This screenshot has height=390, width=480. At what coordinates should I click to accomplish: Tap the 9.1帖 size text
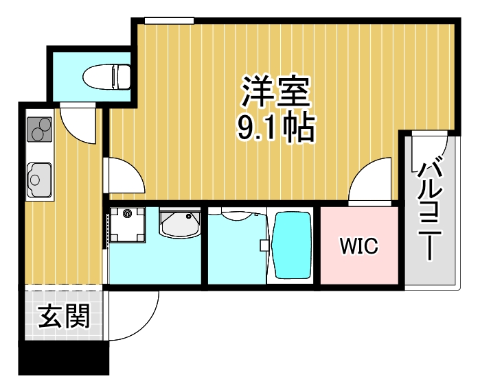coord(276,127)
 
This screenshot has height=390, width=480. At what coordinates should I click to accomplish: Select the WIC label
coord(358,246)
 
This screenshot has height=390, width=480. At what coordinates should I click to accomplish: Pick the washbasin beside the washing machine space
coord(179,223)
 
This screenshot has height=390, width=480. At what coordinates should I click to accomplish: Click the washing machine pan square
coord(128,226)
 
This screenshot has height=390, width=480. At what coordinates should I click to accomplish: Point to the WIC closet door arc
coord(371,182)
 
